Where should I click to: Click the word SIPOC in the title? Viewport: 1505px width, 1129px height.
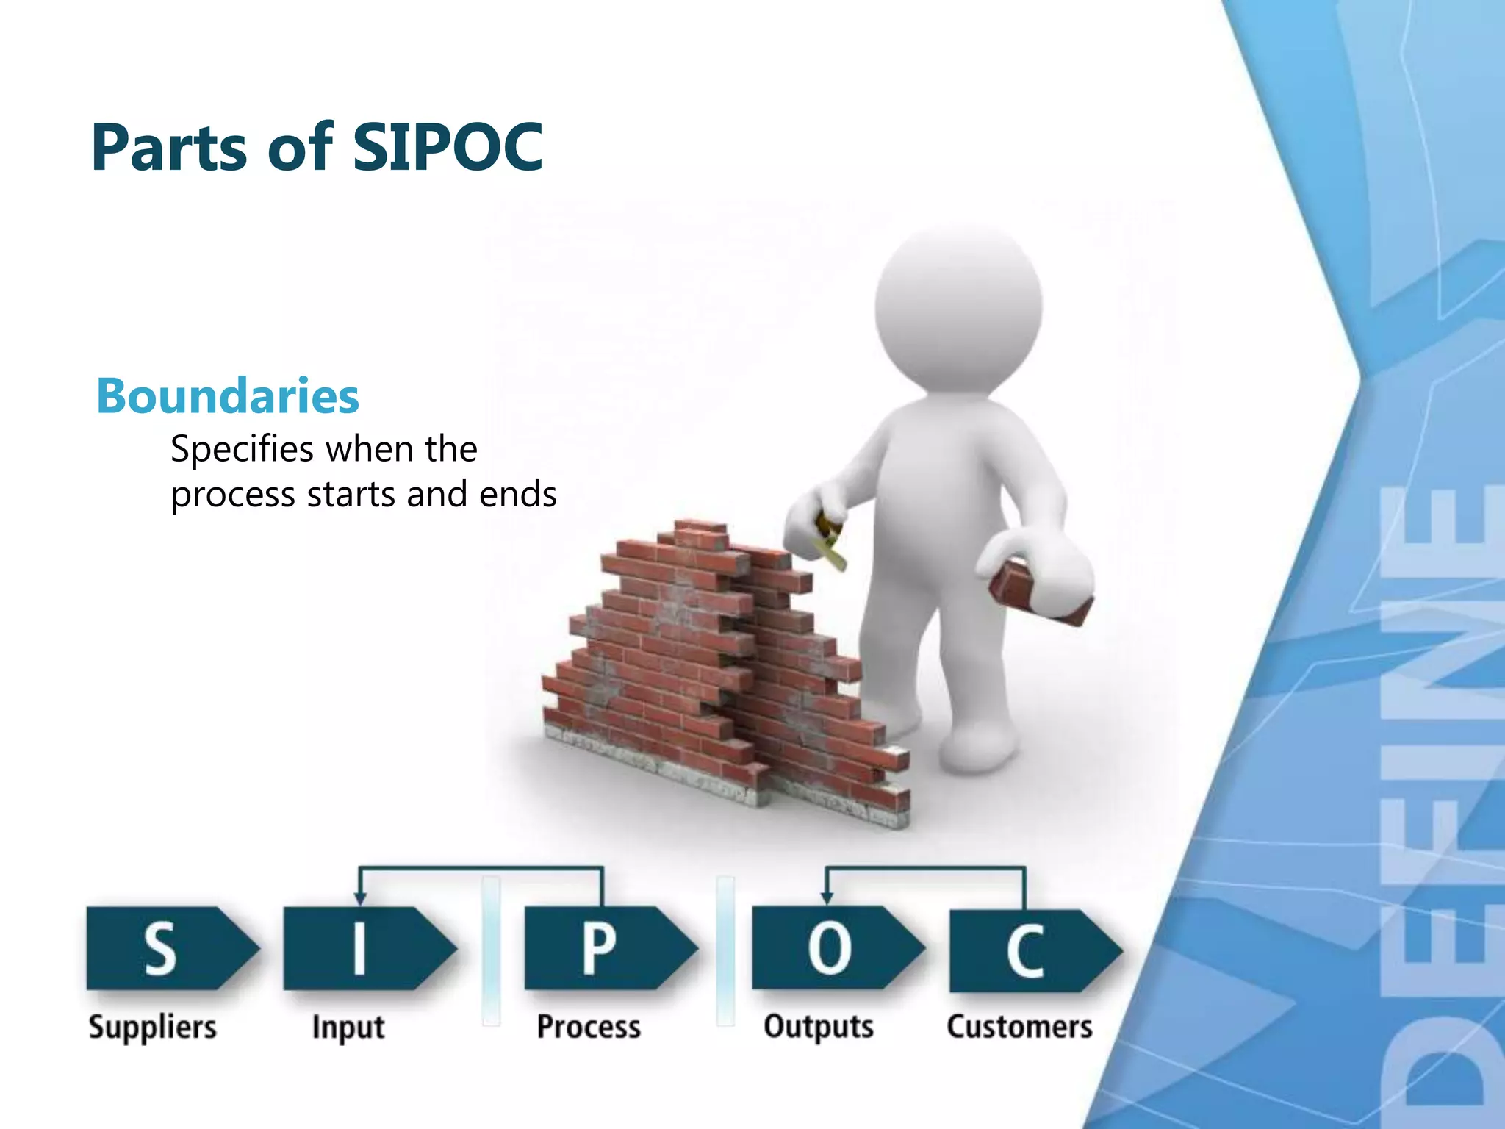pos(448,148)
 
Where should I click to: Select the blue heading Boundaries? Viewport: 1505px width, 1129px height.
pos(228,396)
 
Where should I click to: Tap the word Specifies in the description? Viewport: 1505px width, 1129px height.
pos(243,449)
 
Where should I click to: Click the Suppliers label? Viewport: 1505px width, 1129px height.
pos(153,1027)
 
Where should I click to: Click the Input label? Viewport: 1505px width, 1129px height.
pos(348,1027)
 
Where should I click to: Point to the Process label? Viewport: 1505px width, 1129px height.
pos(589,1027)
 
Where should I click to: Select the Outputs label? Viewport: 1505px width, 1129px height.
pos(819,1027)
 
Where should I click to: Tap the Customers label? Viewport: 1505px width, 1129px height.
pos(1019,1027)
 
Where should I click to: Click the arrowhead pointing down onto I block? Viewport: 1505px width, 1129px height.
pos(359,898)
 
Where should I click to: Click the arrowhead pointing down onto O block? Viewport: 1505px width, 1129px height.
pos(826,898)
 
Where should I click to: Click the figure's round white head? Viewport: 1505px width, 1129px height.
pos(958,309)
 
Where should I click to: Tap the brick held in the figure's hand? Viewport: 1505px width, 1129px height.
pos(1038,592)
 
